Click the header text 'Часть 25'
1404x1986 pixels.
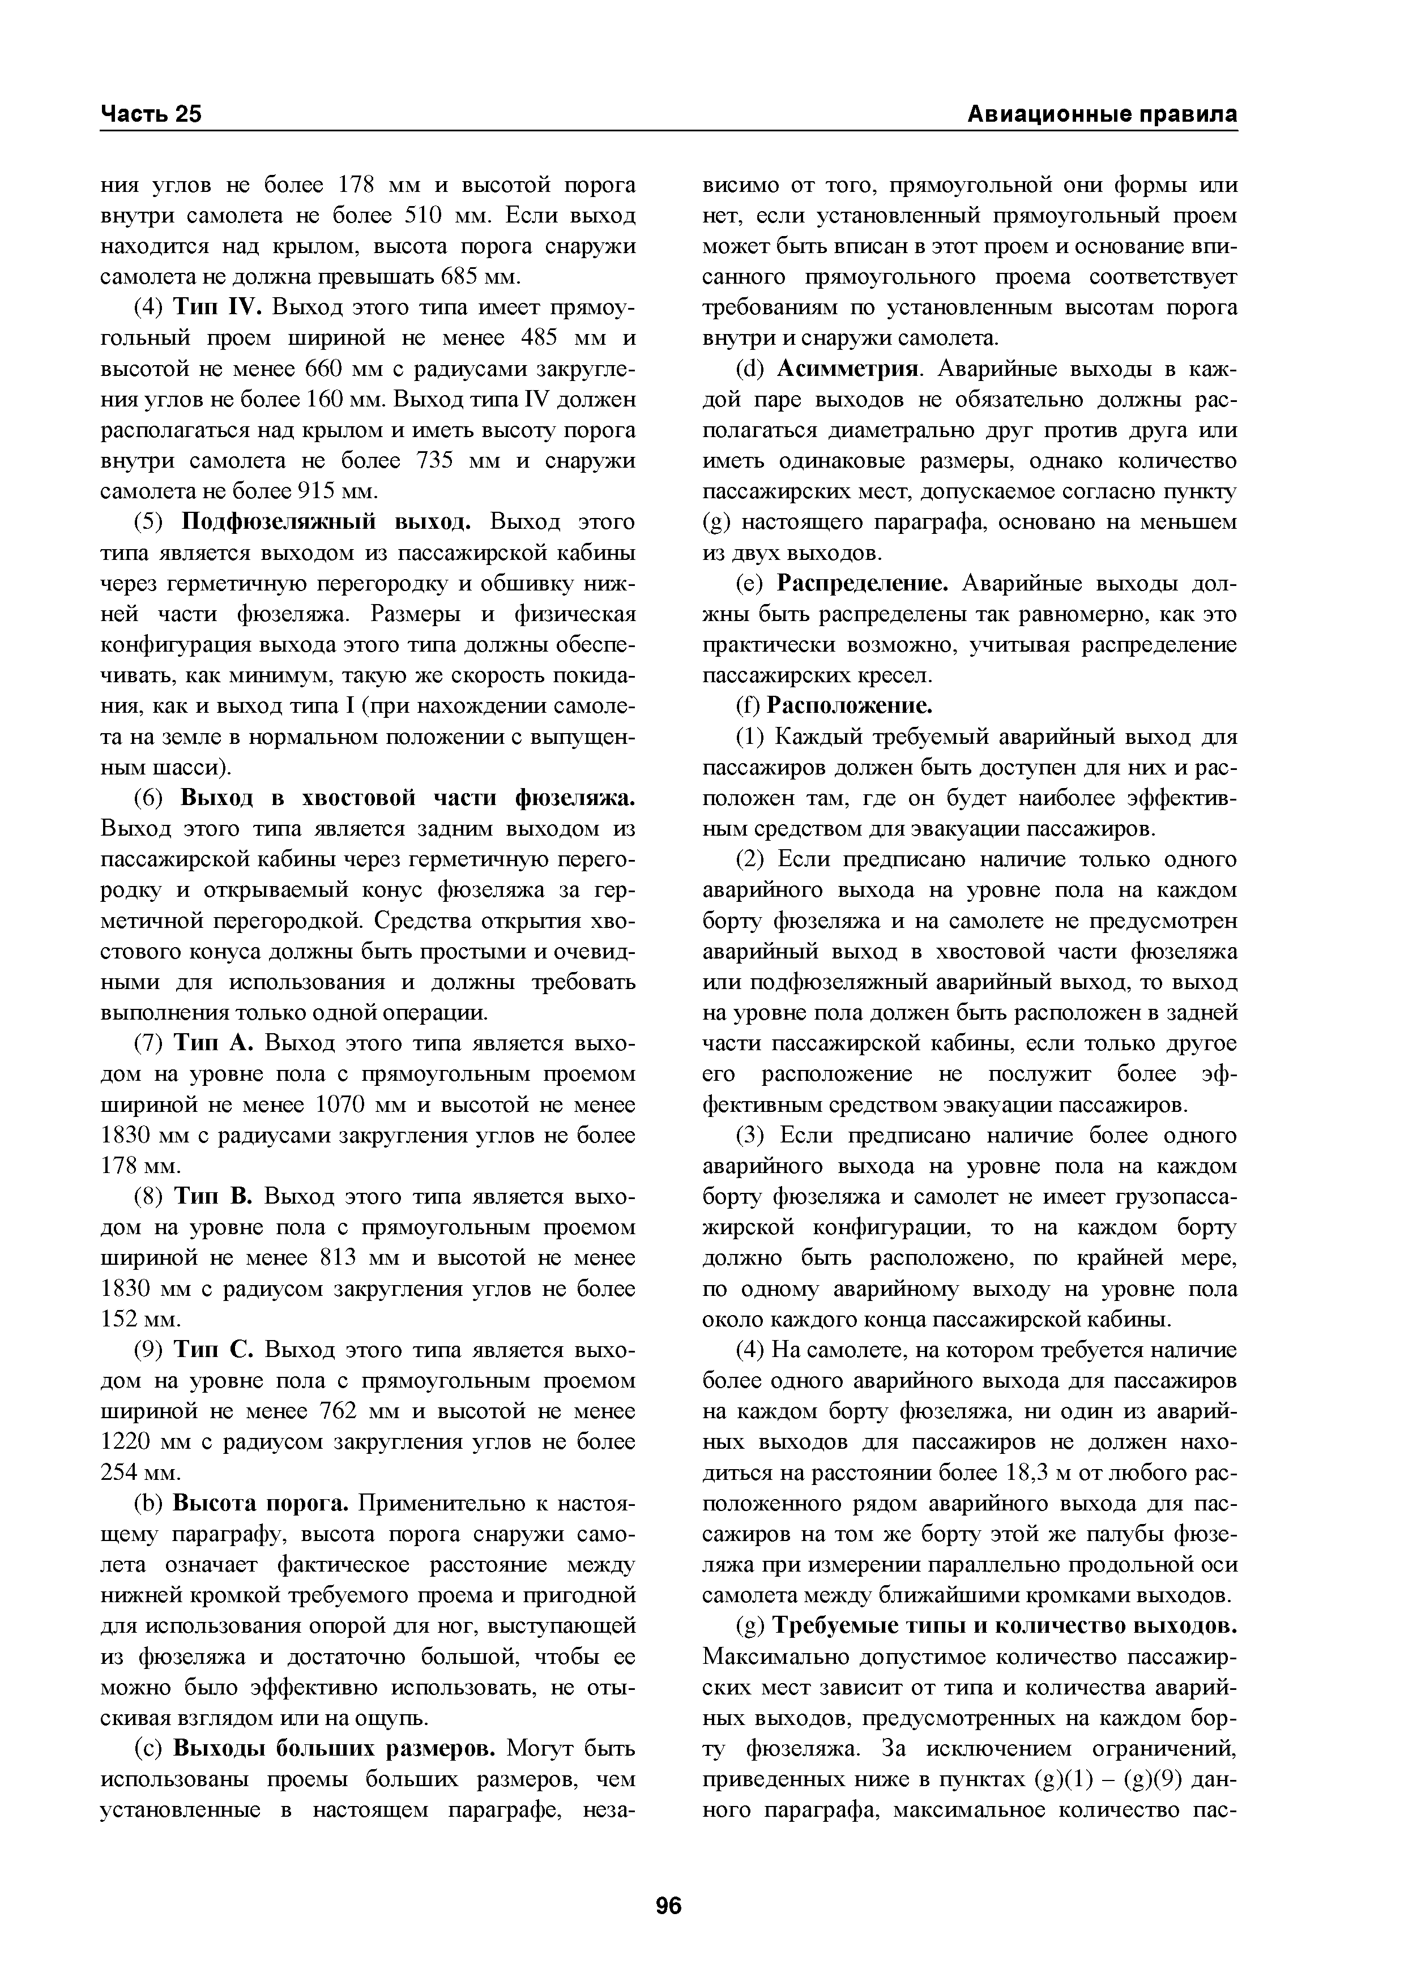click(151, 115)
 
